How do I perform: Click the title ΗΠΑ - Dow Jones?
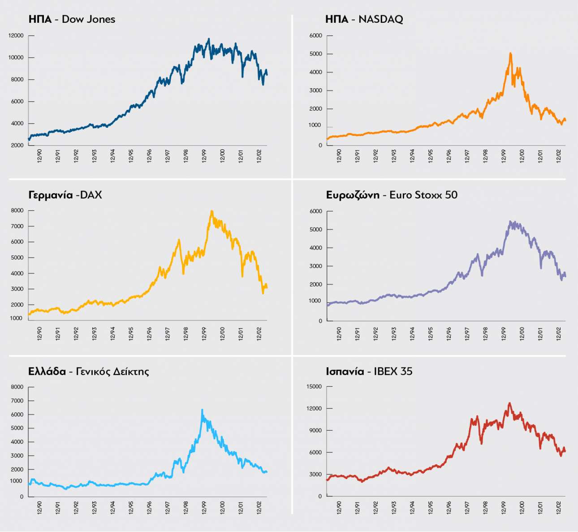[x=72, y=19]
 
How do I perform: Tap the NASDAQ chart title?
[x=364, y=19]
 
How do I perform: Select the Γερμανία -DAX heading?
[x=65, y=195]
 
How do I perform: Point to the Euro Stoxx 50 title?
[x=392, y=195]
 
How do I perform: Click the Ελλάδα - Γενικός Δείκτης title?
[x=88, y=372]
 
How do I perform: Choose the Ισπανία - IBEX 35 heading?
[x=369, y=372]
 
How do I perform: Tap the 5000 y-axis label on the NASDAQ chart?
[x=315, y=54]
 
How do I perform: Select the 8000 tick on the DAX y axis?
[x=17, y=210]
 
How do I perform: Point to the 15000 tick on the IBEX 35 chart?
[x=314, y=386]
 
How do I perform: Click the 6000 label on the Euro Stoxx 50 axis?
[x=315, y=211]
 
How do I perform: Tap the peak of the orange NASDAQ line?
[x=510, y=53]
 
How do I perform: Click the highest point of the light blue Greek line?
[x=202, y=410]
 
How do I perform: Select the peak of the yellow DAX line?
[x=211, y=211]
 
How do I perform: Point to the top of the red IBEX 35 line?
[x=509, y=403]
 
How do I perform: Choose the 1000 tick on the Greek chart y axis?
[x=16, y=481]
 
